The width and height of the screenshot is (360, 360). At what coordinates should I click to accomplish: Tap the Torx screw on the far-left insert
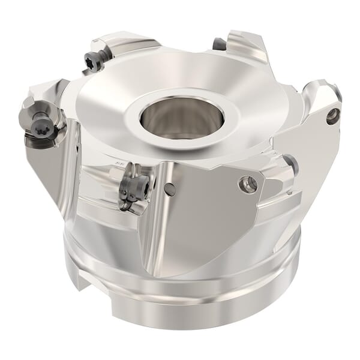(x=45, y=127)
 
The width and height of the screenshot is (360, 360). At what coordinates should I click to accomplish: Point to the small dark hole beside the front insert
(x=169, y=190)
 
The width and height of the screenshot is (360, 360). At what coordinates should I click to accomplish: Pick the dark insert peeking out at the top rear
(x=220, y=44)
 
